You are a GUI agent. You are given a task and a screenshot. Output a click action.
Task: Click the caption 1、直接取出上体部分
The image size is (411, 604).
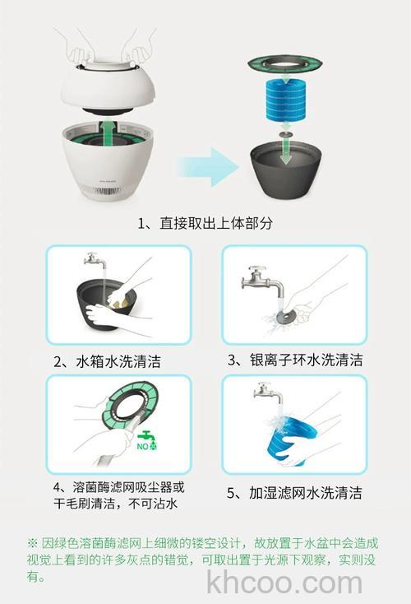point(205,223)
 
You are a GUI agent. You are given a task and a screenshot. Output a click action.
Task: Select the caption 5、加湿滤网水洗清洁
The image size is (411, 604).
point(293,493)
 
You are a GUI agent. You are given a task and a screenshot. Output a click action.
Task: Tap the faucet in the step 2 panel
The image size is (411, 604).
point(94,262)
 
